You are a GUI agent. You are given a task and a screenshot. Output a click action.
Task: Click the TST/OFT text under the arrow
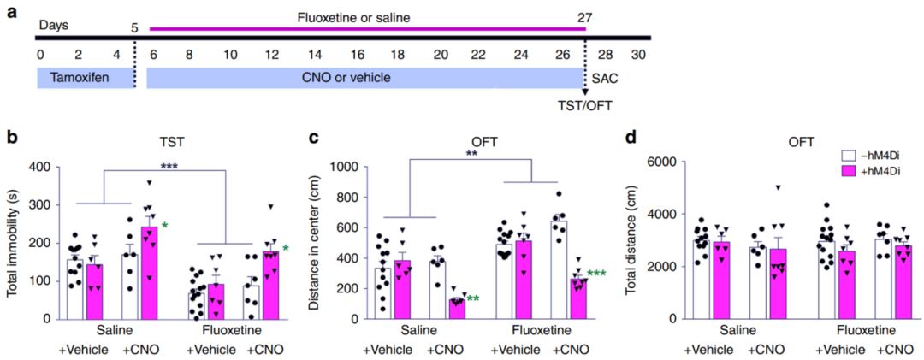pos(585,108)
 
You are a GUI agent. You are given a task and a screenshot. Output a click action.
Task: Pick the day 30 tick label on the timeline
pos(637,54)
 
